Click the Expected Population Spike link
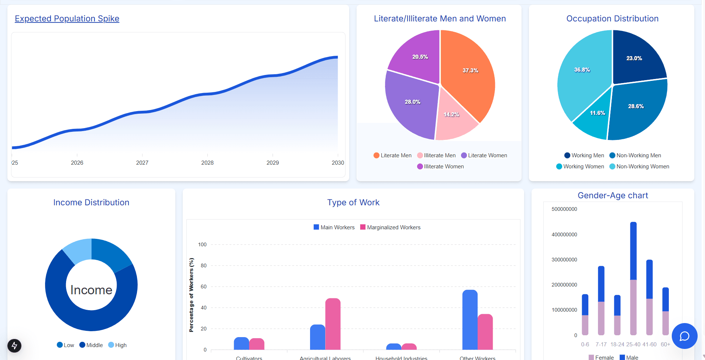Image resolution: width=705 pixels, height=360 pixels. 67,18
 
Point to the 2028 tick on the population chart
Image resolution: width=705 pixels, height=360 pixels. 207,162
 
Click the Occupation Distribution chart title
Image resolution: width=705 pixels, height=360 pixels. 612,18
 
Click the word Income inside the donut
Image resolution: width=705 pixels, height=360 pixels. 91,290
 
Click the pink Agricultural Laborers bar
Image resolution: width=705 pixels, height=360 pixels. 333,325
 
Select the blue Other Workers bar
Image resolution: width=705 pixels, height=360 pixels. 470,321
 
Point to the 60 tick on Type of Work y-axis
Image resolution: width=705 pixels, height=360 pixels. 203,287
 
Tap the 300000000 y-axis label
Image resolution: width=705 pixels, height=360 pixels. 564,260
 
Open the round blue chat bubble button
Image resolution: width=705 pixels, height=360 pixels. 684,336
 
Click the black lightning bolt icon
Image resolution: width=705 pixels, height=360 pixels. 14,346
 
